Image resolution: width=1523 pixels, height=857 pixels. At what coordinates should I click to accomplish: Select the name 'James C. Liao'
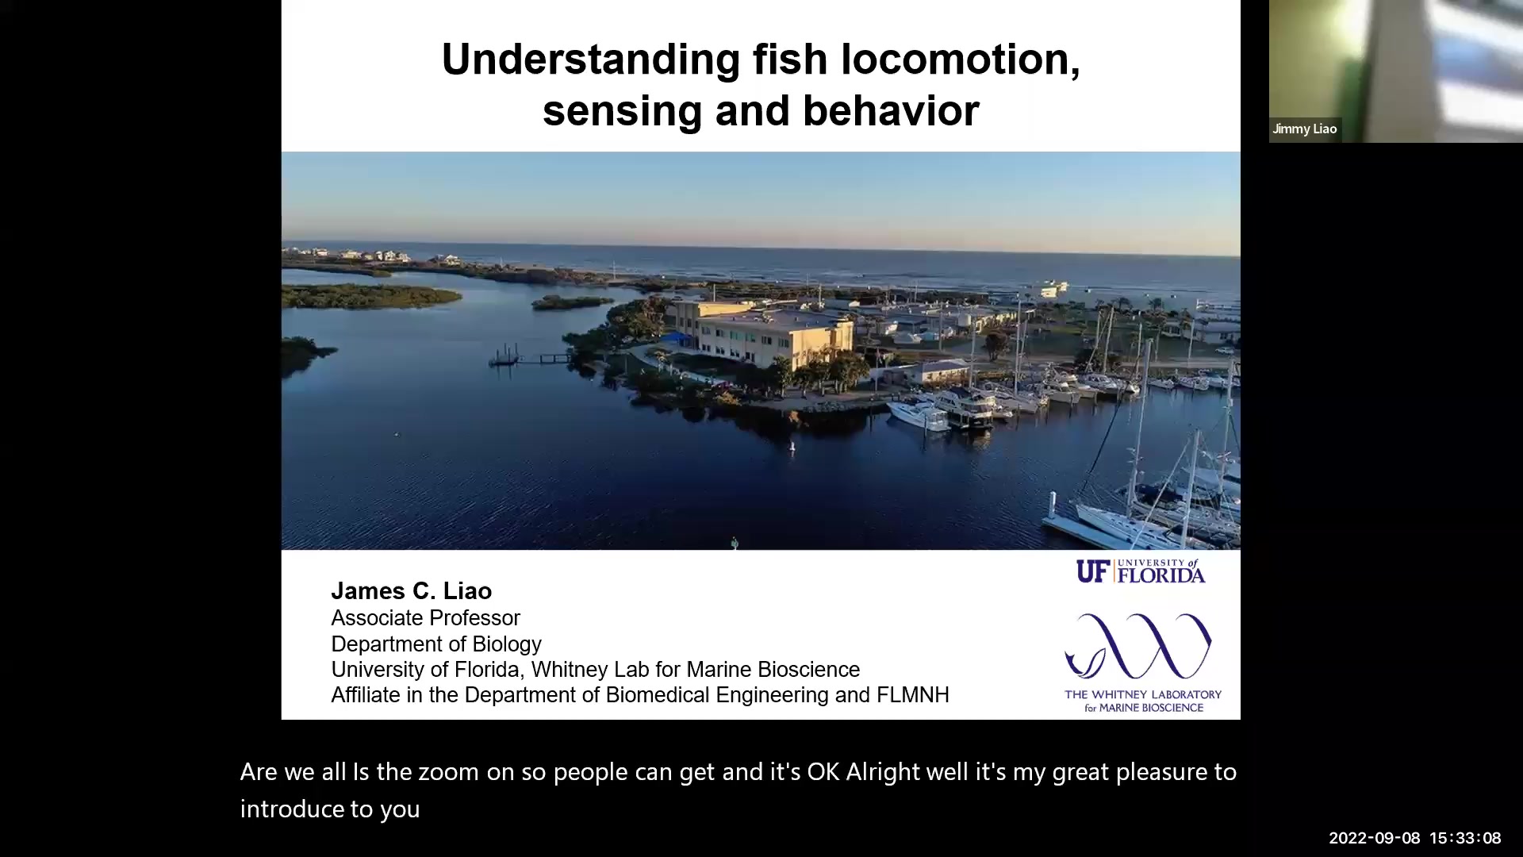[411, 591]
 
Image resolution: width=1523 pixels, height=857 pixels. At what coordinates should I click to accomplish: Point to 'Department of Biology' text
[435, 644]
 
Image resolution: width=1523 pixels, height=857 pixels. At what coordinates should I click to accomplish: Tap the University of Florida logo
[1141, 571]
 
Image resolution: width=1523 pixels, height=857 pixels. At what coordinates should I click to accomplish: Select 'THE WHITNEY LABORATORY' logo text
[1142, 694]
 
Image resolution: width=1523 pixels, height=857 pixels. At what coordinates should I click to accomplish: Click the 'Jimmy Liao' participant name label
[1305, 129]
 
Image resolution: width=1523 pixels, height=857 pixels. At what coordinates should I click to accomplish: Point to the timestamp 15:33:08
[1465, 838]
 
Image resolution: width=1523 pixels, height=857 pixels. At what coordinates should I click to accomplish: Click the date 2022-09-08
[1374, 838]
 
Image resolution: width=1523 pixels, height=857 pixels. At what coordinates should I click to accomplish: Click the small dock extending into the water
[527, 358]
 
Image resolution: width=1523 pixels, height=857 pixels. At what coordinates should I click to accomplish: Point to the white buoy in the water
[791, 448]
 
